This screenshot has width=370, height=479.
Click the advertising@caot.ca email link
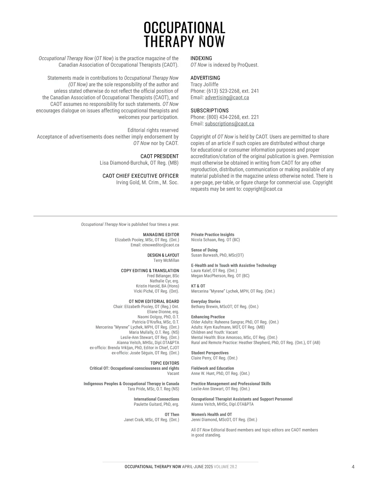click(x=227, y=97)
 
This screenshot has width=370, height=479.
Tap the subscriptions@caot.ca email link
click(x=229, y=124)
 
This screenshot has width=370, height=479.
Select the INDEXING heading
click(x=201, y=58)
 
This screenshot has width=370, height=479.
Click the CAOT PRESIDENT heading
click(x=159, y=156)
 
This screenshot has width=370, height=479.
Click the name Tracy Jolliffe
click(x=204, y=85)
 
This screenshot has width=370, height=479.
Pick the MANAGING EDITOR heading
click(x=161, y=235)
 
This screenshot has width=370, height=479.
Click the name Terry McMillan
click(x=166, y=260)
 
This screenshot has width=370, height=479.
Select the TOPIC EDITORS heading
click(x=165, y=363)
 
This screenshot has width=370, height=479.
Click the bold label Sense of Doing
click(x=204, y=250)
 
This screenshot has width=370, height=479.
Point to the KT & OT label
click(x=198, y=286)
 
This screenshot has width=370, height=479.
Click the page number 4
click(x=353, y=467)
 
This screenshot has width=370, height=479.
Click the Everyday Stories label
click(x=206, y=301)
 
